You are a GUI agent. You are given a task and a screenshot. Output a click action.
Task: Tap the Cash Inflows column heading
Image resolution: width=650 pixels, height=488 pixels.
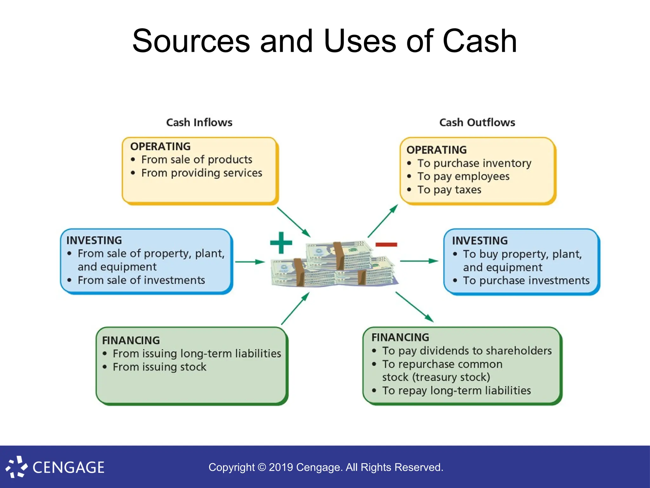coord(199,122)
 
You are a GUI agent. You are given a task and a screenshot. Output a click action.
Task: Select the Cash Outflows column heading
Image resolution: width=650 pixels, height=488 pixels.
coord(477,122)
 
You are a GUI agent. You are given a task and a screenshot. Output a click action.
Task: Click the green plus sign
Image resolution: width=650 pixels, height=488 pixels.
coord(281,243)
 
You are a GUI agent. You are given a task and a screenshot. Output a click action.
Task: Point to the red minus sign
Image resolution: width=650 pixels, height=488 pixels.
coord(386,244)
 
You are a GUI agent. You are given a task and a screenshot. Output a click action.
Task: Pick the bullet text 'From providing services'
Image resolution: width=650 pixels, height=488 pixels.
coord(202,173)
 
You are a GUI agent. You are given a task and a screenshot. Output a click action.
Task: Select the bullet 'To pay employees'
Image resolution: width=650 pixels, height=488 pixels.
coord(463,176)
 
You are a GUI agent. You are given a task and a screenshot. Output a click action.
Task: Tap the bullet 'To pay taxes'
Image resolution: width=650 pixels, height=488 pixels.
coord(449,190)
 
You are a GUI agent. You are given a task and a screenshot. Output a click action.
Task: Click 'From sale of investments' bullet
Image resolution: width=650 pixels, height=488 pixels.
coord(141,280)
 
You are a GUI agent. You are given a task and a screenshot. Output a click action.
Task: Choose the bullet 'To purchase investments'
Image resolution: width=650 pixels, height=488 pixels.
coord(526,281)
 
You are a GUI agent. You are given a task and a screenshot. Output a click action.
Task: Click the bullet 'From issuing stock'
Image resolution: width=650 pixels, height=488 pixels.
coord(159,367)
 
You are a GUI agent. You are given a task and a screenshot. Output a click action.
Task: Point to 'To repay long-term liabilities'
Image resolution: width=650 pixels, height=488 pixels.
coord(456,390)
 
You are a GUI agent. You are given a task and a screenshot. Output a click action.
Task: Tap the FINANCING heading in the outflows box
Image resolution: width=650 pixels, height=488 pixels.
coord(400,337)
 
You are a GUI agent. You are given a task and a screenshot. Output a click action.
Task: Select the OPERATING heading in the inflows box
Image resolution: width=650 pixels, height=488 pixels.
coord(160,146)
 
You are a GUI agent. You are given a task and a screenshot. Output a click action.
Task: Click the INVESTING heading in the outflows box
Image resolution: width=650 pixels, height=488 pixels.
coord(480,241)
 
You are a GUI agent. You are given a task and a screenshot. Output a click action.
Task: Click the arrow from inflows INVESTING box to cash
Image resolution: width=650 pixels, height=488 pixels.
coord(250,262)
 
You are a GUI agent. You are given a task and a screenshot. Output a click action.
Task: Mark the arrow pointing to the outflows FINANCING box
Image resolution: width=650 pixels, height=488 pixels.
coord(414,307)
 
